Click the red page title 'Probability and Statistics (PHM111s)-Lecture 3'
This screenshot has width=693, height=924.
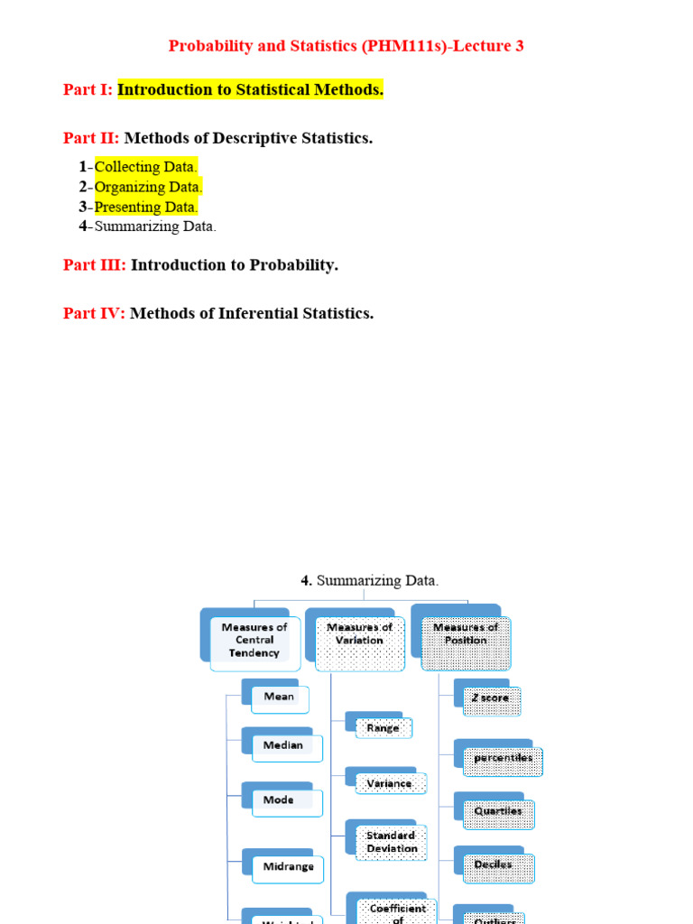[x=346, y=46]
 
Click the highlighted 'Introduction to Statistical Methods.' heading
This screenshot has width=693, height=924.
[x=250, y=89]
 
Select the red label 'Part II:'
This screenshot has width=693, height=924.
[x=91, y=138]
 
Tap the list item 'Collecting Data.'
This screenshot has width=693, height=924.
[x=145, y=167]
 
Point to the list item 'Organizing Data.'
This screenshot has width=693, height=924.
[x=148, y=187]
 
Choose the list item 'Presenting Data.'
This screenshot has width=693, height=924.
[x=146, y=207]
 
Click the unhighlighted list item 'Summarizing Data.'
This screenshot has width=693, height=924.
[x=155, y=226]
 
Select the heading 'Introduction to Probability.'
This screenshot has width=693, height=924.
[x=235, y=265]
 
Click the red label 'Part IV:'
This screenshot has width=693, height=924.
[x=94, y=313]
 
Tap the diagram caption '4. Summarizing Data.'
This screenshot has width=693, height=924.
[x=370, y=581]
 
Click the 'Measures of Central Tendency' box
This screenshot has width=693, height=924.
[x=254, y=640]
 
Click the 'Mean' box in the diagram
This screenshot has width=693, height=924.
[x=279, y=697]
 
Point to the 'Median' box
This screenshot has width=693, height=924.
[x=282, y=745]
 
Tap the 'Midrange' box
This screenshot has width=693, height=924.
[x=288, y=866]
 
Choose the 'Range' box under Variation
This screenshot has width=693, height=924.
[x=383, y=727]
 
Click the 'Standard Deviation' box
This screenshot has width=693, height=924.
[x=392, y=842]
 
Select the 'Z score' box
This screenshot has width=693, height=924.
[x=491, y=698]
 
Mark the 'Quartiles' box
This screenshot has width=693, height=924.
[x=498, y=811]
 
